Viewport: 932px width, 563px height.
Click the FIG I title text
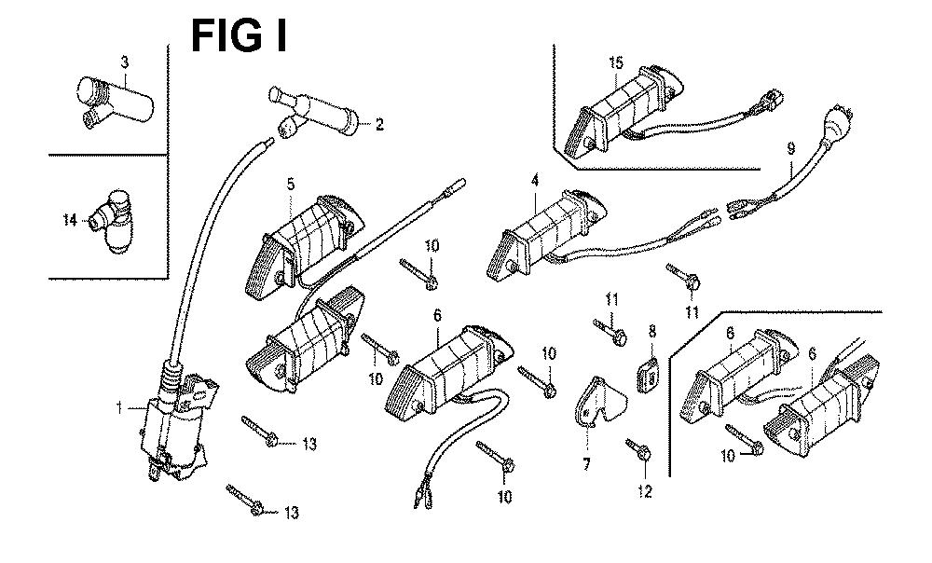tap(239, 35)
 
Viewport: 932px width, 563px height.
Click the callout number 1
tap(119, 408)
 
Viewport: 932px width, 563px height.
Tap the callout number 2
tap(379, 124)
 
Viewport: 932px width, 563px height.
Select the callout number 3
tap(124, 62)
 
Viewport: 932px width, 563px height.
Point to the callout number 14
tap(70, 221)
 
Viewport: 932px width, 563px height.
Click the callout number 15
tap(616, 62)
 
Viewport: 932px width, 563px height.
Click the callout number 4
tap(535, 180)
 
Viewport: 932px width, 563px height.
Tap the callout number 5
tap(291, 185)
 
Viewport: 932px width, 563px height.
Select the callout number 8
tap(652, 331)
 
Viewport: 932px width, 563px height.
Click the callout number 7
tap(586, 463)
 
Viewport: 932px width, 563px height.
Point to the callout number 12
tap(645, 491)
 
